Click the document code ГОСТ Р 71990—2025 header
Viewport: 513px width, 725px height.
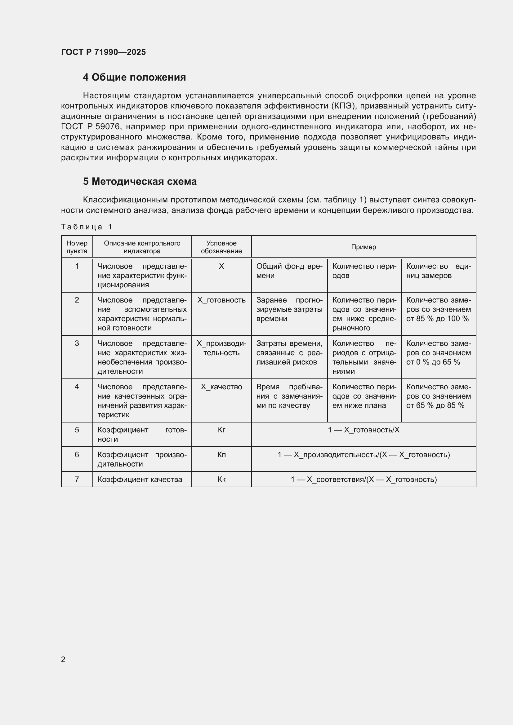pyautogui.click(x=103, y=52)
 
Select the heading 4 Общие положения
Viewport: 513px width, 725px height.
pyautogui.click(x=134, y=77)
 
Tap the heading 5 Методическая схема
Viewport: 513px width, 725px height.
pyautogui.click(x=140, y=182)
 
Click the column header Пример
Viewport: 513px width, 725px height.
pyautogui.click(x=363, y=247)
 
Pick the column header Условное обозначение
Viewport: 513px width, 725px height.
pyautogui.click(x=221, y=247)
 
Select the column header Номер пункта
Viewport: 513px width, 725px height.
pyautogui.click(x=77, y=247)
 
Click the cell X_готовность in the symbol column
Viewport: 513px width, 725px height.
pyautogui.click(x=221, y=300)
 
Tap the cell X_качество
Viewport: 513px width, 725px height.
pyautogui.click(x=221, y=387)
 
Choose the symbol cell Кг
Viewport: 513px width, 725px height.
pyautogui.click(x=221, y=430)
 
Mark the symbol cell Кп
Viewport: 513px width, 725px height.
pyautogui.click(x=221, y=455)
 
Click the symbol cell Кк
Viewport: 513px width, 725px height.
pyautogui.click(x=221, y=479)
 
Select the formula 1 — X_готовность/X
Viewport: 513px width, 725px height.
pyautogui.click(x=363, y=430)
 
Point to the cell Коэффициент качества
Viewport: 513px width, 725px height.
pyautogui.click(x=140, y=479)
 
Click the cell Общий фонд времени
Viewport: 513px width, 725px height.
pyautogui.click(x=289, y=271)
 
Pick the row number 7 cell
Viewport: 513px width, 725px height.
pyautogui.click(x=77, y=479)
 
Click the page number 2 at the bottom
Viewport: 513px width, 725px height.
pyautogui.click(x=63, y=659)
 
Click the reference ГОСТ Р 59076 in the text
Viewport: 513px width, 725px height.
pyautogui.click(x=90, y=127)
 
